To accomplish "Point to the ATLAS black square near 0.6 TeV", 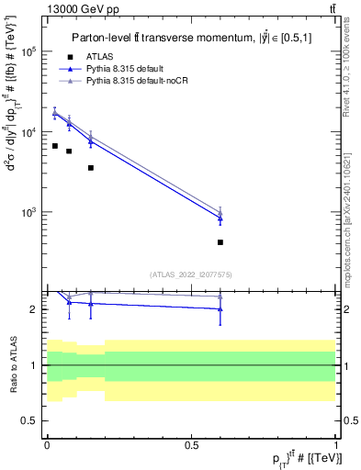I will pyautogui.click(x=220, y=242).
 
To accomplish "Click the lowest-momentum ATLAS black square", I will pyautogui.click(x=55, y=146).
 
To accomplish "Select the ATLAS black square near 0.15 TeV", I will pyautogui.click(x=90, y=168).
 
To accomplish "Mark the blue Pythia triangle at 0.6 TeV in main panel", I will pyautogui.click(x=220, y=218).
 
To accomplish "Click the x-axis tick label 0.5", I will pyautogui.click(x=192, y=443).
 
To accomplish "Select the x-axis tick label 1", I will pyautogui.click(x=337, y=443).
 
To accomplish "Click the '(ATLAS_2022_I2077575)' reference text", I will pyautogui.click(x=191, y=274).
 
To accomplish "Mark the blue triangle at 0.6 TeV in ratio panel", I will pyautogui.click(x=220, y=309).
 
